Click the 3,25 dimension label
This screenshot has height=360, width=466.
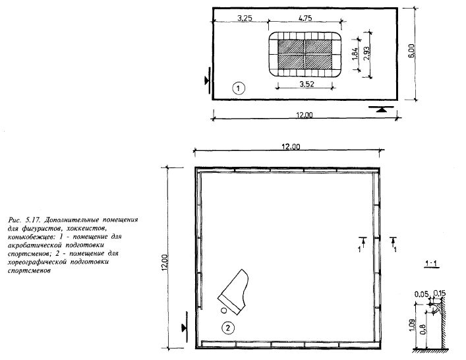pyautogui.click(x=245, y=18)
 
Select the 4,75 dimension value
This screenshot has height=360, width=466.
pyautogui.click(x=305, y=18)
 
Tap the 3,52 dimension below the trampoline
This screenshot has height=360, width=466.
pyautogui.click(x=306, y=84)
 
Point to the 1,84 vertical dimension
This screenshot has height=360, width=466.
pyautogui.click(x=355, y=54)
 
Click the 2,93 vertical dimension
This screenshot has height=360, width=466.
pyautogui.click(x=366, y=53)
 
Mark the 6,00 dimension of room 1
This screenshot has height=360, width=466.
pyautogui.click(x=411, y=51)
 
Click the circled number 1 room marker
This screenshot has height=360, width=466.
pyautogui.click(x=239, y=88)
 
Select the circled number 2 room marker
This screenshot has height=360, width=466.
pyautogui.click(x=228, y=328)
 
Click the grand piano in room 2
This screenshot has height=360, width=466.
pyautogui.click(x=233, y=291)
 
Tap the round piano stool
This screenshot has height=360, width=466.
pyautogui.click(x=224, y=311)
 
